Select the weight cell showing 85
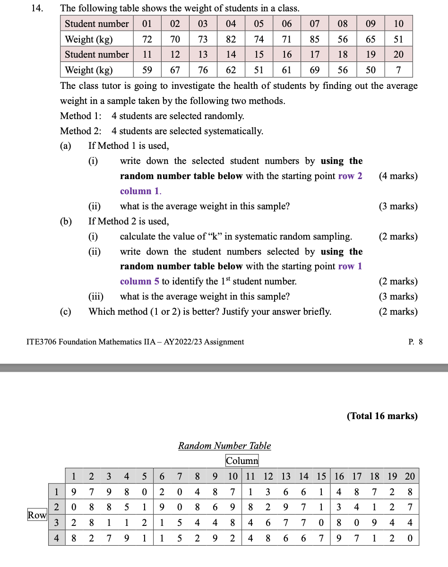pyautogui.click(x=314, y=39)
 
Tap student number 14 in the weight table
pyautogui.click(x=231, y=54)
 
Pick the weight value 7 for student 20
pyautogui.click(x=398, y=70)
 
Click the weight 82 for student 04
pyautogui.click(x=231, y=39)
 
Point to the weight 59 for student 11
pyautogui.click(x=147, y=70)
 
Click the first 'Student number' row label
pyautogui.click(x=96, y=24)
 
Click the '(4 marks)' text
pyautogui.click(x=398, y=176)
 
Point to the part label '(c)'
pyautogui.click(x=65, y=311)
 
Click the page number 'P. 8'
pyautogui.click(x=415, y=342)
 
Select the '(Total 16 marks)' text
pyautogui.click(x=382, y=416)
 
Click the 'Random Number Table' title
pyautogui.click(x=224, y=446)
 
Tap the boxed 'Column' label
pyautogui.click(x=242, y=461)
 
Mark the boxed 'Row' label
pyautogui.click(x=37, y=515)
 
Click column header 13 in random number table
pyautogui.click(x=286, y=476)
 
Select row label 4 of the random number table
pyautogui.click(x=56, y=538)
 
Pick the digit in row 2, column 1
pyautogui.click(x=73, y=507)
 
